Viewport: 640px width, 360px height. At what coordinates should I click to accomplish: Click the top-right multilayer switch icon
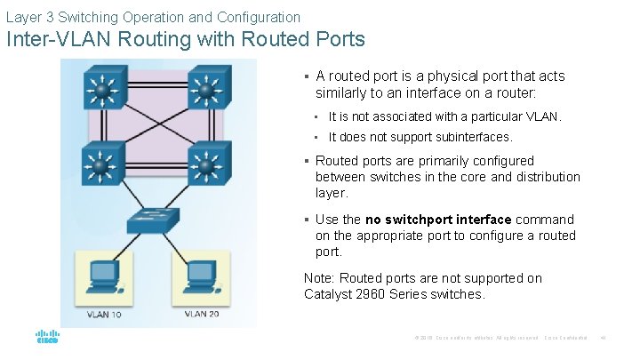tap(206, 89)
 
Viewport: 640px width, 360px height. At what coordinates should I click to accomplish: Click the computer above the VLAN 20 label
tap(201, 276)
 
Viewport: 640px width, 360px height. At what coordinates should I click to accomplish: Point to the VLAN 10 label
tap(104, 314)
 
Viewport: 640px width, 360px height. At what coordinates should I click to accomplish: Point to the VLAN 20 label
tap(202, 314)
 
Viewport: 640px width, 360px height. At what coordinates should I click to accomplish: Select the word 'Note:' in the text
tap(319, 278)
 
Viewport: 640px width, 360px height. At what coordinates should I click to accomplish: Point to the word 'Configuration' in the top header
tap(258, 17)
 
